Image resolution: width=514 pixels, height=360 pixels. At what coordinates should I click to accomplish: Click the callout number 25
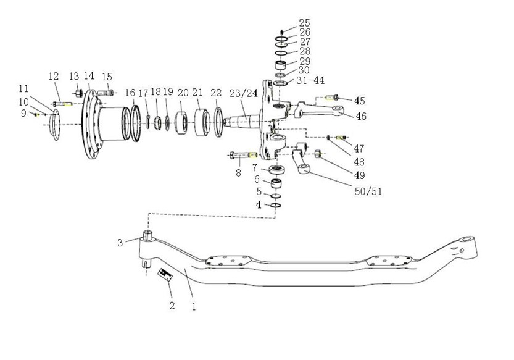[x=305, y=23]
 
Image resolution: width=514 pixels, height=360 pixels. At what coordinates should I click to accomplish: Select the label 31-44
[x=310, y=80]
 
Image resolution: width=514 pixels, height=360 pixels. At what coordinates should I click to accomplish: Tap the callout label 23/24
[x=244, y=93]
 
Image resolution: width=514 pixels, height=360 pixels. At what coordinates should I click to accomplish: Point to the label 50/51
[x=368, y=191]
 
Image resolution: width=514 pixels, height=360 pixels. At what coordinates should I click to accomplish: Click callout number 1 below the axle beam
[x=194, y=307]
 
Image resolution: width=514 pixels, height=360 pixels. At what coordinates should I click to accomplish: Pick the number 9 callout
[x=23, y=114]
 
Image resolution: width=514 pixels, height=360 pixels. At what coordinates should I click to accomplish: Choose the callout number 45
[x=360, y=101]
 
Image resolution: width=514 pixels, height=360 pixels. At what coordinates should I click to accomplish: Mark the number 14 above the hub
[x=89, y=76]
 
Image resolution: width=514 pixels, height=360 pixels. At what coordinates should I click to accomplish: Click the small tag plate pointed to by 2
[x=165, y=275]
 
